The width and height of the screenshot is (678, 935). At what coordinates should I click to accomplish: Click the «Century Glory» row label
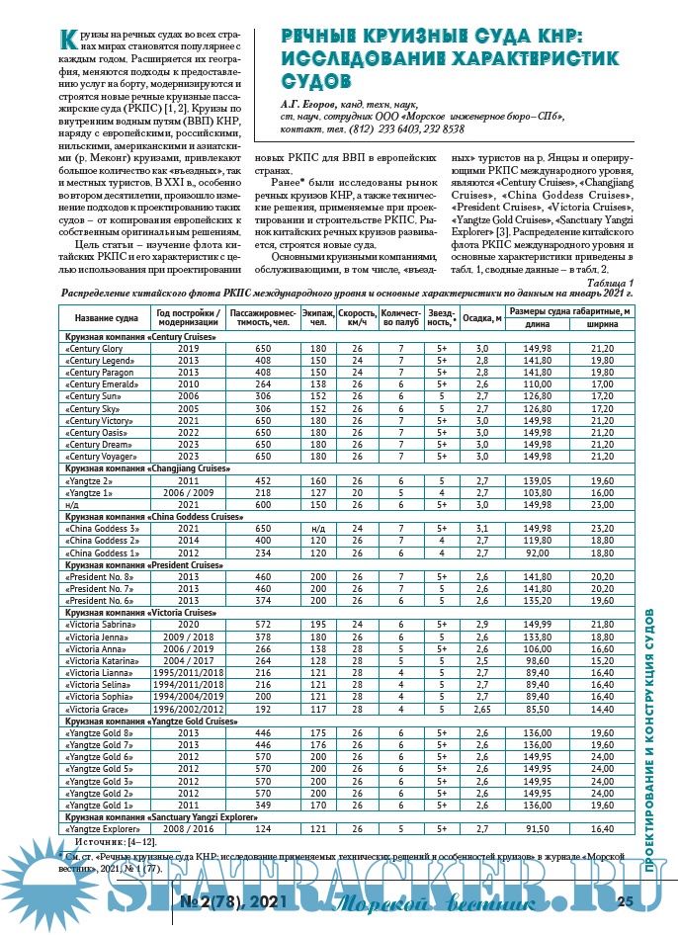[93, 349]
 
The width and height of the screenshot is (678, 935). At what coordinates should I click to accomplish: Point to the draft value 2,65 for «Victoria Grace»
[482, 710]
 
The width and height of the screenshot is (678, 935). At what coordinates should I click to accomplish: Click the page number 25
[625, 900]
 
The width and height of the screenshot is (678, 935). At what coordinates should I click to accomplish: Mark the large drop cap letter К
[67, 40]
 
